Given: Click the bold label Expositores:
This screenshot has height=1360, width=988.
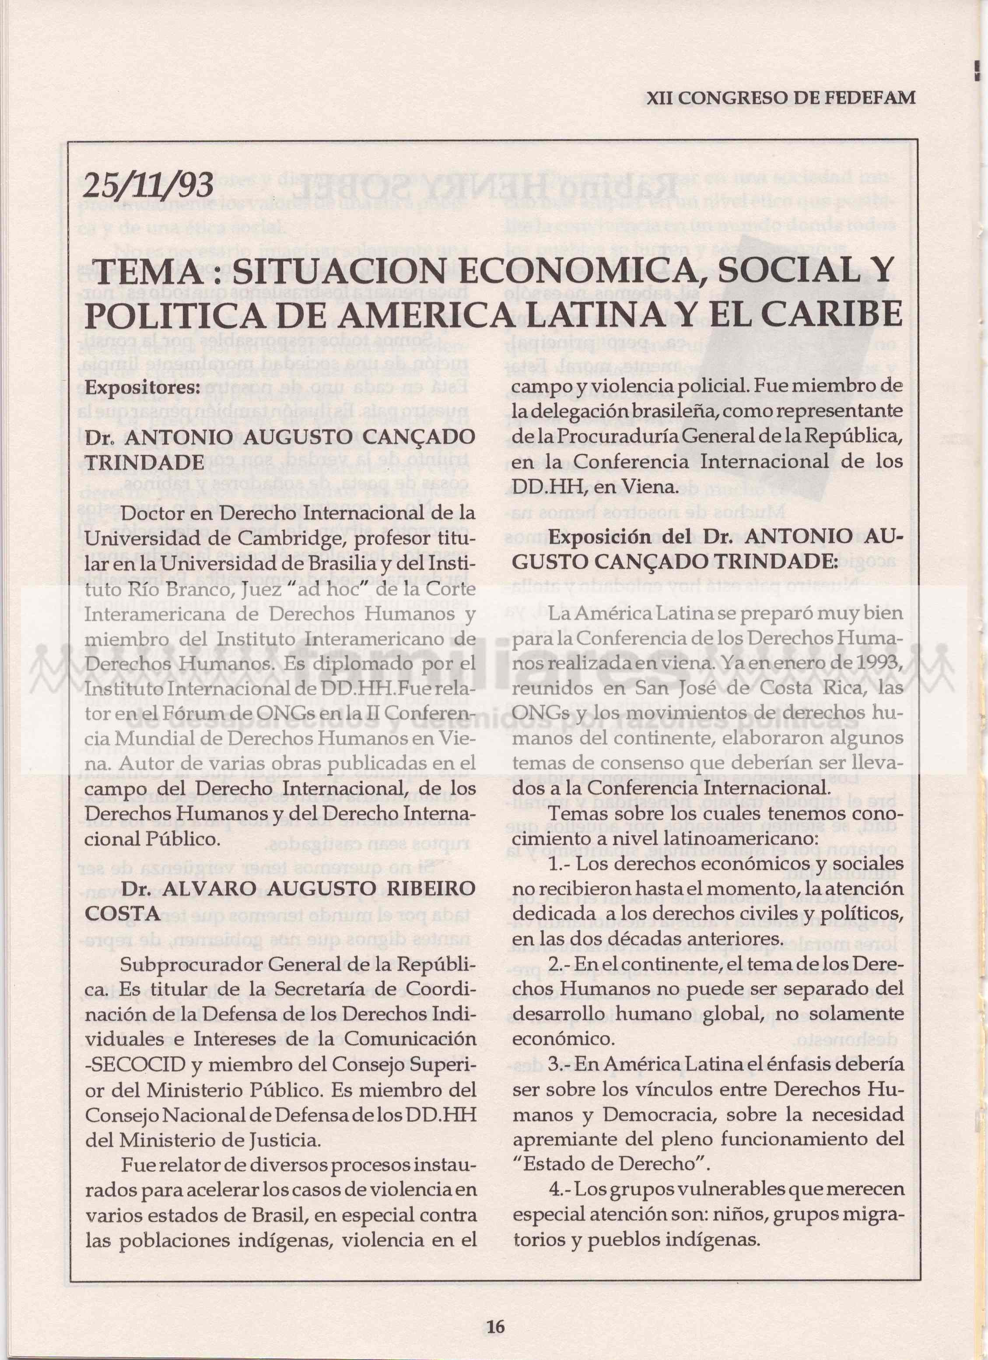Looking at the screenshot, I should pyautogui.click(x=142, y=388).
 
